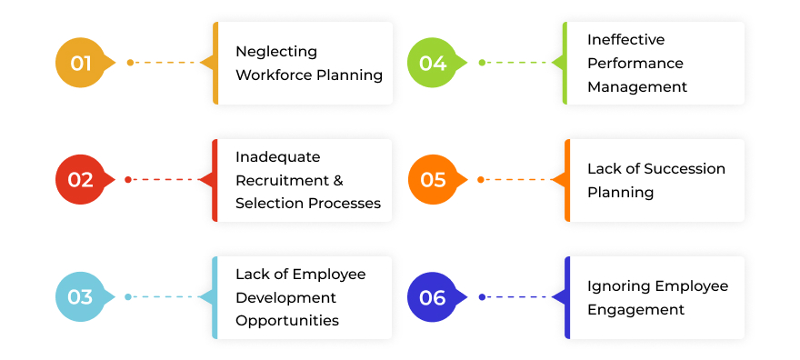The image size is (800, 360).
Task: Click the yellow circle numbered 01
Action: click(81, 63)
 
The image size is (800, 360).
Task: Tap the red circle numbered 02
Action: click(81, 180)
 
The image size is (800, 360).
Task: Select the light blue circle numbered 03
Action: click(81, 297)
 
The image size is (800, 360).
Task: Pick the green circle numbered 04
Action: click(433, 63)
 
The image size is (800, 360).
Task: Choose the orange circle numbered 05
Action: click(433, 180)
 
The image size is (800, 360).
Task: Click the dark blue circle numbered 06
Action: click(433, 297)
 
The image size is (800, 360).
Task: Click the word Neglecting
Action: click(276, 51)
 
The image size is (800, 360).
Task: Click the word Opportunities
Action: click(287, 320)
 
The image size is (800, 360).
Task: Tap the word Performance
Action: click(635, 63)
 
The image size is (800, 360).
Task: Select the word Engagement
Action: click(635, 309)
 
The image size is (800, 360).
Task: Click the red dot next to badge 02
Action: click(128, 180)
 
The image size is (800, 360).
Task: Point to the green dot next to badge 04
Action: click(483, 63)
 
